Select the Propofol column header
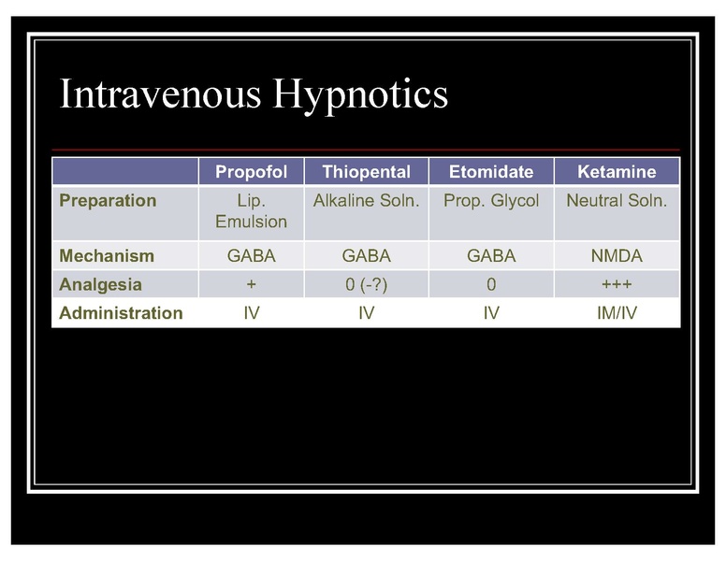pos(251,172)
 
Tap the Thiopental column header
pos(366,172)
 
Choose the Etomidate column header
pos(491,172)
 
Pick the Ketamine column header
pos(617,172)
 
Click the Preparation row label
pos(108,201)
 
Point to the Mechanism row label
pos(107,256)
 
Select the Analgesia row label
pos(101,284)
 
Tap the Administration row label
pos(121,313)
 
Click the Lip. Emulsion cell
pos(251,211)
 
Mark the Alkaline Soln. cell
pos(366,201)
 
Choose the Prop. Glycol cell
pos(491,201)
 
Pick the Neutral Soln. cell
pos(617,201)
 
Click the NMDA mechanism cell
pos(617,256)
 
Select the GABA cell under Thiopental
pos(366,256)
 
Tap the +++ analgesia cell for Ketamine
pos(617,284)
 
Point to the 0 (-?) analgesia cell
pos(366,284)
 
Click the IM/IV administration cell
pos(617,313)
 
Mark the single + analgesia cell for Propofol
pos(251,284)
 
